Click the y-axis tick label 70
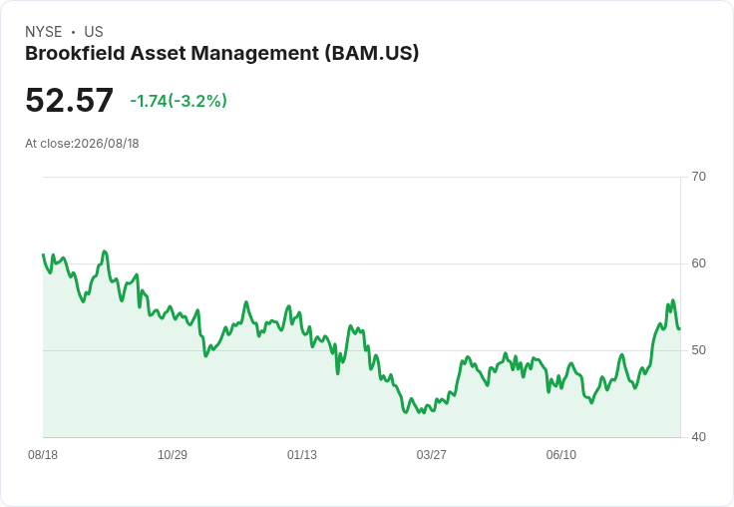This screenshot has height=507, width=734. tap(698, 177)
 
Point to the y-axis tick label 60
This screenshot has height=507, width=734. tap(698, 263)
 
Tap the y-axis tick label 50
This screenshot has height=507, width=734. tap(698, 350)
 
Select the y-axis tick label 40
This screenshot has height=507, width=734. tap(698, 437)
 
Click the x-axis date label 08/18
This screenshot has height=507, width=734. tap(43, 454)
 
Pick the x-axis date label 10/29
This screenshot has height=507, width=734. tap(173, 454)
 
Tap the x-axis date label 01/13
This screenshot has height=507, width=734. tap(302, 454)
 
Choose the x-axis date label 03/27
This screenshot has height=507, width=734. tap(431, 454)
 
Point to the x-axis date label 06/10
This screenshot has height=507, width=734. tap(560, 454)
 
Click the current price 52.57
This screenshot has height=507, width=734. tap(69, 100)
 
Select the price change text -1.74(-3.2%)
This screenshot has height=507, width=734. tap(179, 101)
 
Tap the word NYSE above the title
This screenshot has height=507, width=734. tap(44, 32)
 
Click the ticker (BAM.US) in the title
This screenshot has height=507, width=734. tap(372, 53)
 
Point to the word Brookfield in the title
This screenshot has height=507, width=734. tap(75, 53)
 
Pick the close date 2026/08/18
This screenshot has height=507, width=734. tap(107, 144)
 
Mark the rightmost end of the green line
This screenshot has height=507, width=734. tap(680, 328)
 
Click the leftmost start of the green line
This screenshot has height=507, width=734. tap(43, 254)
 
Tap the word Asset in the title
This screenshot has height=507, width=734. tap(158, 53)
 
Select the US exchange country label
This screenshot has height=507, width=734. tap(94, 32)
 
